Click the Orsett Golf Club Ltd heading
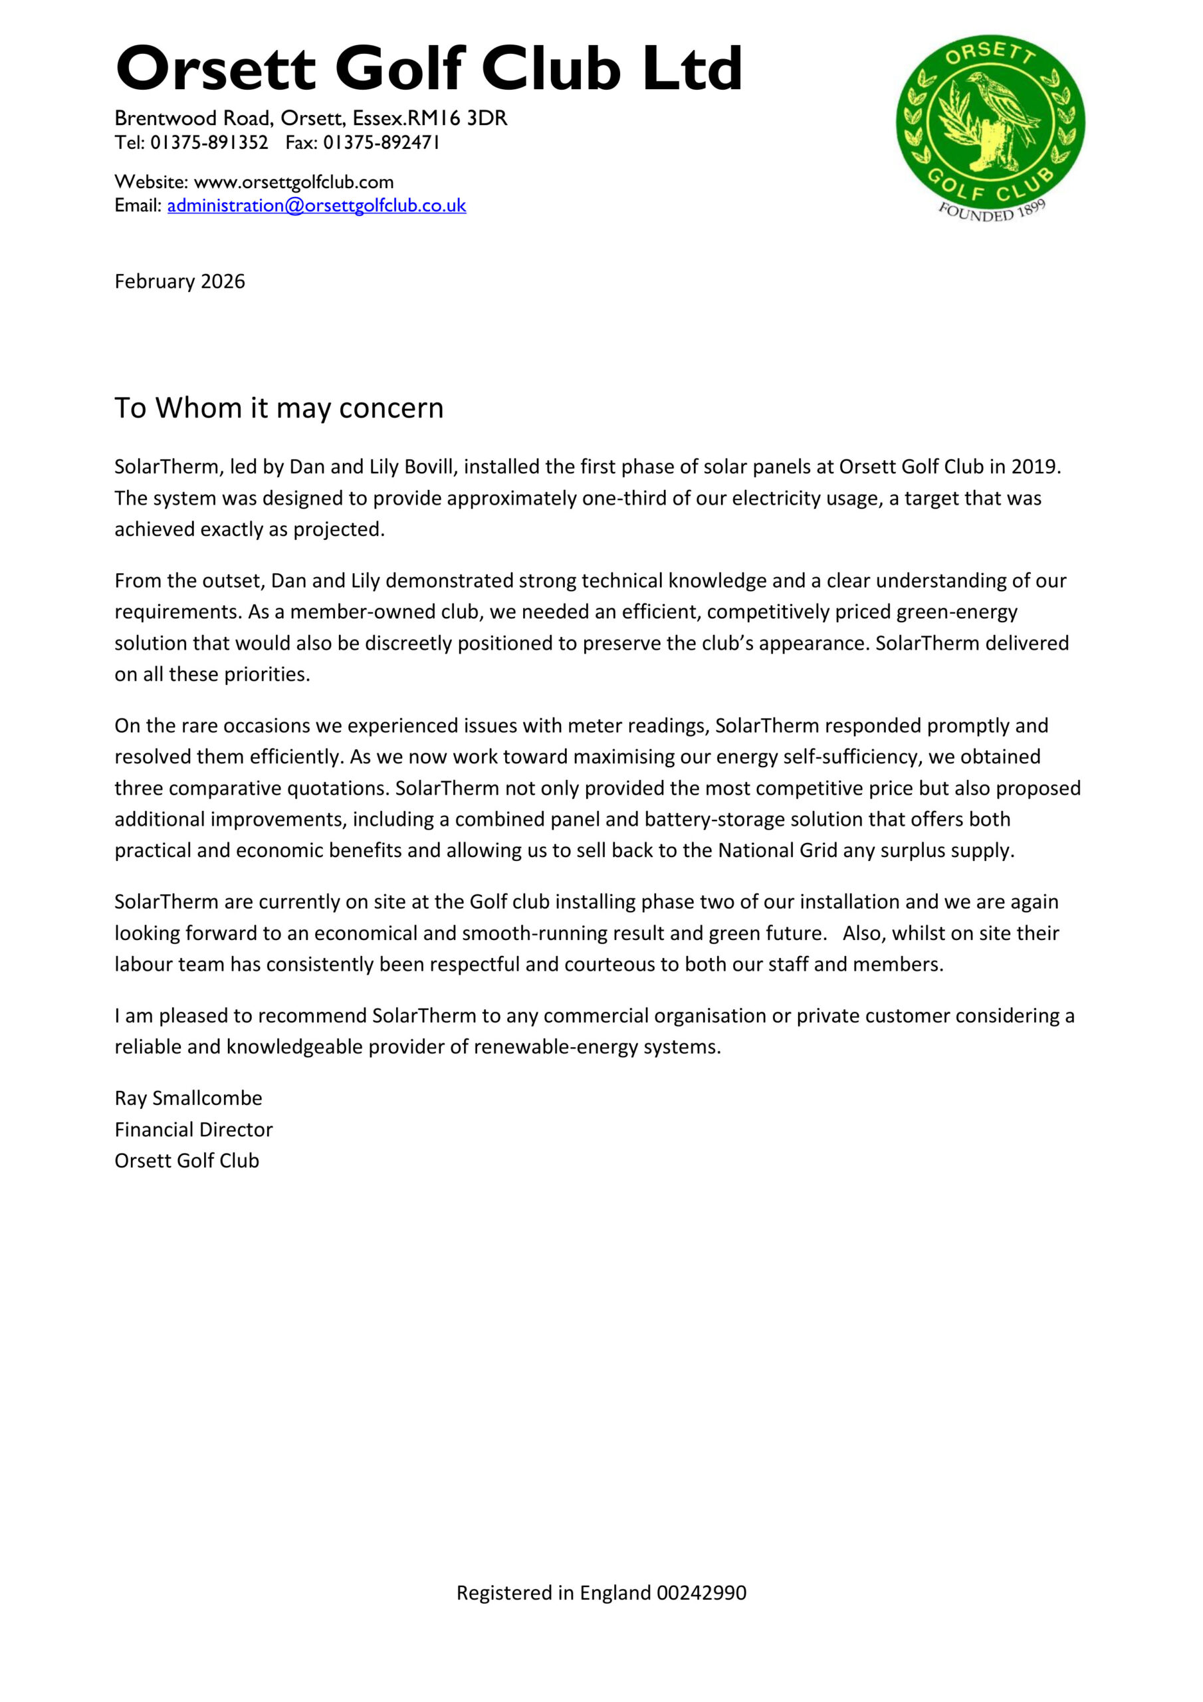pos(429,68)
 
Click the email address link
pos(316,205)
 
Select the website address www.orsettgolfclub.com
pos(294,182)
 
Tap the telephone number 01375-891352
pos(209,142)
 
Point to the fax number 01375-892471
pos(382,142)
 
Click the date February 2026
pos(179,282)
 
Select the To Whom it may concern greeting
pos(278,408)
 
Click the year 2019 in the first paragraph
pos(1036,466)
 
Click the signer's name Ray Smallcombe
pos(188,1098)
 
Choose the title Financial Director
pos(193,1129)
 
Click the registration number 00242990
pos(701,1592)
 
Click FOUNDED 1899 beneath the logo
pos(992,211)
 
